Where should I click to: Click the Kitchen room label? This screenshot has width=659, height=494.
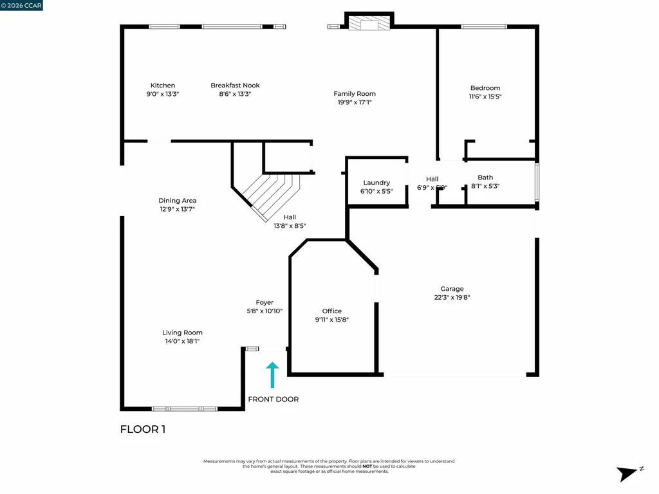click(x=162, y=86)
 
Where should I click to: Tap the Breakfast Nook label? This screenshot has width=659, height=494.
click(x=235, y=86)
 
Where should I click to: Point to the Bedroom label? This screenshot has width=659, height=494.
click(x=485, y=88)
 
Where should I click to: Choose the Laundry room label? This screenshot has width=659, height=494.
click(x=376, y=183)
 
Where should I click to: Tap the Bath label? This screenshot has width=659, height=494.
click(x=485, y=178)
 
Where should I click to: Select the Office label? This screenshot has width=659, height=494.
click(x=332, y=311)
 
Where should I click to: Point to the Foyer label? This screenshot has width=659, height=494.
click(x=265, y=302)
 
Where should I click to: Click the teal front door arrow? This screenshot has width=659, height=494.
click(x=272, y=374)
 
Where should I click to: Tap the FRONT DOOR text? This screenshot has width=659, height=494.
click(x=274, y=399)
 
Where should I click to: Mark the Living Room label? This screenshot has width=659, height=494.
click(x=182, y=333)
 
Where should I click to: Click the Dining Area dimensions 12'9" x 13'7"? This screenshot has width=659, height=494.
click(x=178, y=209)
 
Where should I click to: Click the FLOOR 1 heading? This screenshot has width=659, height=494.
click(x=143, y=429)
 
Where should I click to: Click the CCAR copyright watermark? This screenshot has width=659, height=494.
click(x=21, y=5)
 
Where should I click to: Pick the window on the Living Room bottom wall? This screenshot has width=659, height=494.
click(x=184, y=408)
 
